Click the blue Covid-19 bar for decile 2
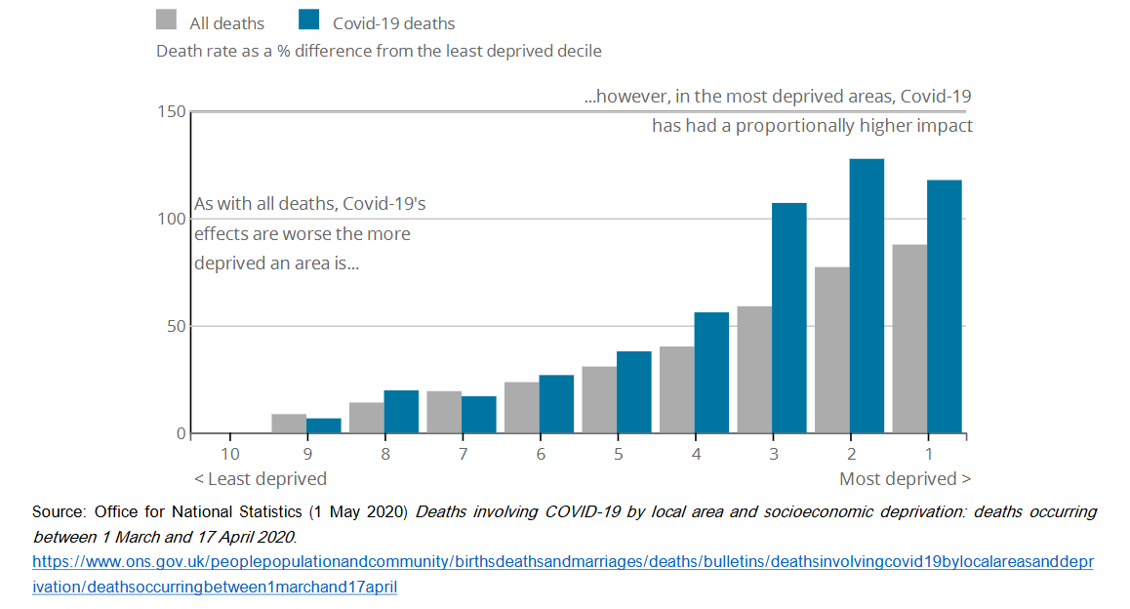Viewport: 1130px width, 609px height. tap(867, 296)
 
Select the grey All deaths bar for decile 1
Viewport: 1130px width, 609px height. tap(909, 339)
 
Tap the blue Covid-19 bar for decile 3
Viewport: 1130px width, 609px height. tap(788, 318)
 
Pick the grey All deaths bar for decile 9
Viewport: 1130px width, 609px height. tap(289, 424)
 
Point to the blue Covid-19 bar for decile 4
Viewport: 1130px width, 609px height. tap(711, 373)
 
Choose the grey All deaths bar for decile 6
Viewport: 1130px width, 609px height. tap(521, 408)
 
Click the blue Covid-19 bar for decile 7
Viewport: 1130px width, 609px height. tap(478, 415)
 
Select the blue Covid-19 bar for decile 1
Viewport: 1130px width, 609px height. tap(944, 306)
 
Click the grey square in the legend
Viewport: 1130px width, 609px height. tap(167, 21)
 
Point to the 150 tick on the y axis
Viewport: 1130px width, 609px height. tap(172, 112)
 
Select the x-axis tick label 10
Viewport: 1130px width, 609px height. tap(229, 454)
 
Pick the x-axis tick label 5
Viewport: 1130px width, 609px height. tap(618, 454)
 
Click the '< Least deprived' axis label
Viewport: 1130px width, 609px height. tap(260, 478)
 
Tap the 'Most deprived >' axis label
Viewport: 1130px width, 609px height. tap(905, 478)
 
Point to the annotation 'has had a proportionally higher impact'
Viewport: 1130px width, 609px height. tap(812, 126)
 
